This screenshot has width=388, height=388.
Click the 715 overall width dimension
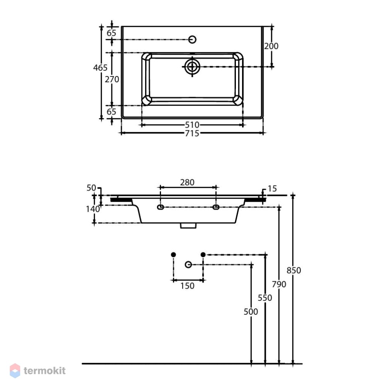pos(192,133)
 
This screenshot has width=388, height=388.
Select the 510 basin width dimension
pos(192,125)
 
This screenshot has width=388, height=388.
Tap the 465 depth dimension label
pos(100,68)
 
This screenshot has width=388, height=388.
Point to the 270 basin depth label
pos(112,79)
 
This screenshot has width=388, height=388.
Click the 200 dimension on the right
pos(271,46)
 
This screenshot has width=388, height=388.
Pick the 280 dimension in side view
pos(187,182)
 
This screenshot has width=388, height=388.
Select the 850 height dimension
pos(294,270)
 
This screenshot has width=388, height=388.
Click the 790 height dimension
pos(279,284)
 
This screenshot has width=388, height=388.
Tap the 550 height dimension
pos(265,298)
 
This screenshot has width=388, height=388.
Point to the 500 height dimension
pos(251,312)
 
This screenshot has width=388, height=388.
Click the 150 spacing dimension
pos(187,286)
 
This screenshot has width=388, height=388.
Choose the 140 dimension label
pos(93,210)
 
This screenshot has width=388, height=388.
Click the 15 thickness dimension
pos(272,189)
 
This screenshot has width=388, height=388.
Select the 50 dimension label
pos(91,188)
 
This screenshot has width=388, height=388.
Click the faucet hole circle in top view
pos(192,40)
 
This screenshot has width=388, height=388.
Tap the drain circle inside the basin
pos(192,67)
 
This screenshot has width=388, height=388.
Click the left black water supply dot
pos(173,255)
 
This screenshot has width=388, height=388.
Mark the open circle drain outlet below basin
pos(188,265)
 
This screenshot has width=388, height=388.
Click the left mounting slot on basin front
pos(161,207)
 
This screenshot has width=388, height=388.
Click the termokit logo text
pos(45,371)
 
